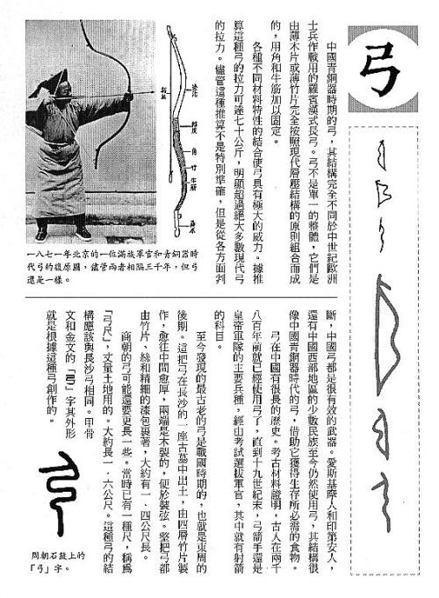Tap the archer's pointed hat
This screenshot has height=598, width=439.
click(x=60, y=81)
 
